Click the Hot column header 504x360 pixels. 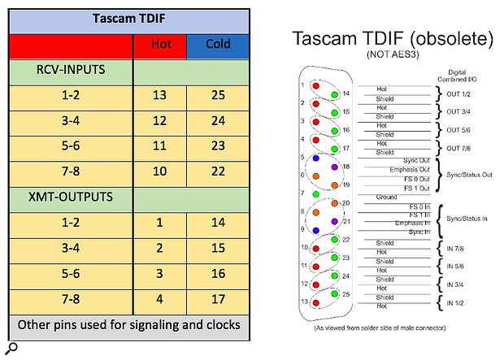coord(161,44)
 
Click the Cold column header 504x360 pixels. coord(218,44)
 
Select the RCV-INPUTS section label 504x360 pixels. coord(71,70)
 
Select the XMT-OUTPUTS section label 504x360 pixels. coord(71,197)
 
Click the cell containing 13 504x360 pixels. coord(160,95)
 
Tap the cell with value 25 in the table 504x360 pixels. coord(218,95)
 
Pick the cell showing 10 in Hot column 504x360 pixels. coord(160,171)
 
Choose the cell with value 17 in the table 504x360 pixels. coord(218,299)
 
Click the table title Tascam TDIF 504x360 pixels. coord(129,19)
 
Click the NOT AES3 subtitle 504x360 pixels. coord(393,54)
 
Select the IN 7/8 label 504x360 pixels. coord(455,249)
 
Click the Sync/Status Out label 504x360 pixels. coord(469,175)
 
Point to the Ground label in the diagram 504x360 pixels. coord(386,197)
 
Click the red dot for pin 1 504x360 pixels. coord(316,86)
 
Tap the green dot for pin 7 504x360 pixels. coord(316,194)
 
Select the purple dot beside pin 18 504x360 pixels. coord(335,167)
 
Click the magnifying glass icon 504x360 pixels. coord(12,349)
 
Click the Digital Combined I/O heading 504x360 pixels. coord(457,76)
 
